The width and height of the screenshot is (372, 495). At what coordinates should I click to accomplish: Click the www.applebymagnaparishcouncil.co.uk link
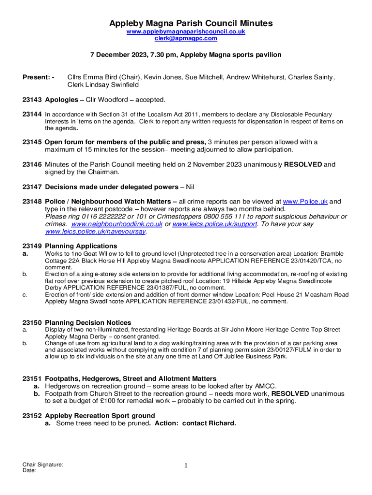(x=186, y=31)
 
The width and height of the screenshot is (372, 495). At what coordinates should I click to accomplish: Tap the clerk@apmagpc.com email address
(x=186, y=38)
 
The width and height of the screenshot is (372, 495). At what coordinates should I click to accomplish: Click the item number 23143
(x=32, y=100)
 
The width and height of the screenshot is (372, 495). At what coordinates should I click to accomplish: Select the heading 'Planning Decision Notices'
(x=88, y=322)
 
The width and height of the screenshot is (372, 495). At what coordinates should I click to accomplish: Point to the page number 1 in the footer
(x=186, y=466)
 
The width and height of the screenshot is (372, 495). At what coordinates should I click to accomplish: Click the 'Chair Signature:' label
(x=43, y=465)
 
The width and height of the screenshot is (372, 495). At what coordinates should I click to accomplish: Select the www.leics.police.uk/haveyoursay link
(x=95, y=232)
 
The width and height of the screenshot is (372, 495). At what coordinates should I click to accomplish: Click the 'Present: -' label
(x=38, y=77)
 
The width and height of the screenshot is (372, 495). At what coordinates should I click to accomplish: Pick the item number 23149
(x=32, y=247)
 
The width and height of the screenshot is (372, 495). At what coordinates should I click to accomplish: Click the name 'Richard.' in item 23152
(x=222, y=423)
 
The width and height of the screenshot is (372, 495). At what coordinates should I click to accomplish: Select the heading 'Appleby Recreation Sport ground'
(x=100, y=416)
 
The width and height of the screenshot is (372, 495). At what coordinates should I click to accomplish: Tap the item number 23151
(x=32, y=379)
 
